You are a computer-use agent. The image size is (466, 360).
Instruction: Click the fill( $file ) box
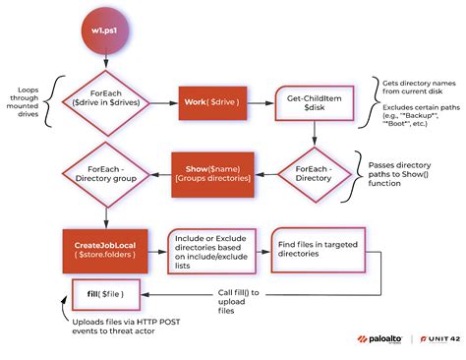pyautogui.click(x=105, y=291)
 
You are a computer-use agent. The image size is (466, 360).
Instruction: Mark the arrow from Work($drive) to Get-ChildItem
pyautogui.click(x=255, y=102)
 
